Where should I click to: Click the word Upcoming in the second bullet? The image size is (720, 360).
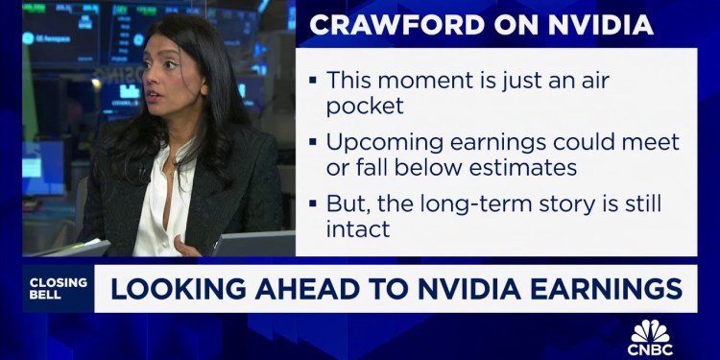[380, 142]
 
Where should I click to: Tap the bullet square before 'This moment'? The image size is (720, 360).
[312, 82]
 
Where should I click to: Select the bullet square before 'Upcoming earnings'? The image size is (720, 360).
[312, 143]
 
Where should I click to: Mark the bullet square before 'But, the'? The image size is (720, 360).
[312, 205]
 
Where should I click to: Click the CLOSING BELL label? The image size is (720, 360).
[59, 288]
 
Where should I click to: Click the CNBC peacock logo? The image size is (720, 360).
[651, 330]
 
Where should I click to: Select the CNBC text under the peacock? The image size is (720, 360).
[651, 348]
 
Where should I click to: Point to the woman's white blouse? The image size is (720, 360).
[166, 206]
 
